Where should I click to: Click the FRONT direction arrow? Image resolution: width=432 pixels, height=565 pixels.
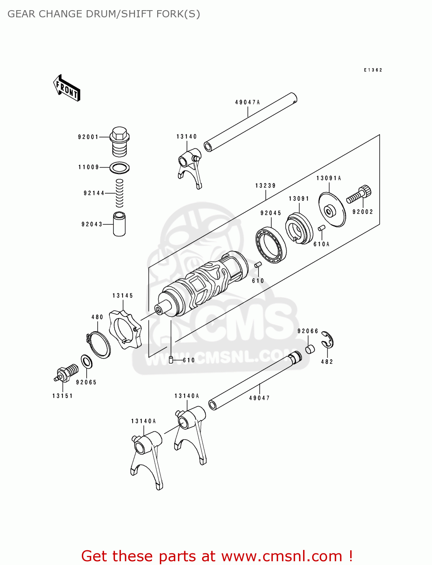(x=67, y=88)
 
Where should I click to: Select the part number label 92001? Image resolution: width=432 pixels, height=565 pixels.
(x=88, y=137)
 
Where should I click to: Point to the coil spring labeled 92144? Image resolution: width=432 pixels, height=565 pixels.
(x=119, y=193)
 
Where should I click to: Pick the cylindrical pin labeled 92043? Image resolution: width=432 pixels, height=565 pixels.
(x=119, y=224)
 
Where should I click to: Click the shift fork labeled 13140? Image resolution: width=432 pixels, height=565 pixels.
(x=190, y=168)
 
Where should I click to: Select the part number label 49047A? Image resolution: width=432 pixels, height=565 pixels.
(x=248, y=102)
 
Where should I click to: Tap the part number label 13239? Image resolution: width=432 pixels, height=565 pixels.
(x=265, y=186)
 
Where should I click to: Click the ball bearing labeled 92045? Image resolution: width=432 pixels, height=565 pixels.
(x=271, y=245)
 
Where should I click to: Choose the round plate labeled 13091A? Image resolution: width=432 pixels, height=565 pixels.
(x=332, y=210)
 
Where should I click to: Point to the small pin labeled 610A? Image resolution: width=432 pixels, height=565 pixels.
(x=322, y=228)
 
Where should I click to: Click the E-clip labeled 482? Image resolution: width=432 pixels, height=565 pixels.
(x=328, y=340)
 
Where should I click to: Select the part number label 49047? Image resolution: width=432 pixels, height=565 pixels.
(x=259, y=398)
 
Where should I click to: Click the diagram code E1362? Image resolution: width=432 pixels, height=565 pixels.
(x=373, y=70)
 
